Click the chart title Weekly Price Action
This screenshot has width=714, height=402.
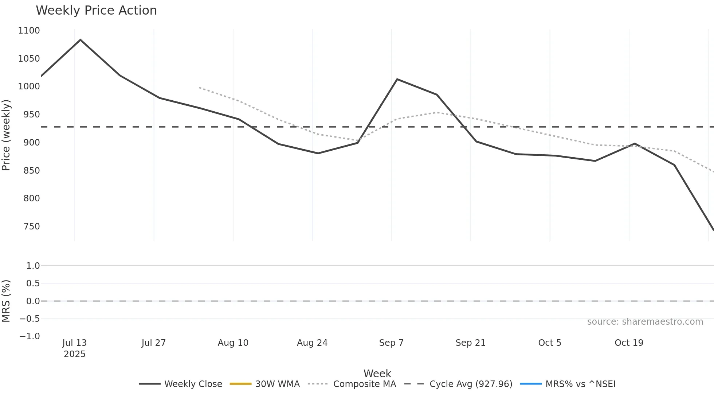(96, 11)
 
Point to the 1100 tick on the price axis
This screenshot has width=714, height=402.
(29, 31)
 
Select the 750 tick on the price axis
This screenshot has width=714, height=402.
(31, 227)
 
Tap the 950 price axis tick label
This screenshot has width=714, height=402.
(31, 115)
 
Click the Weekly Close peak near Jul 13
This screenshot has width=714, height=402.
(81, 40)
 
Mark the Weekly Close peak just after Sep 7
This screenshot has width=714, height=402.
(397, 79)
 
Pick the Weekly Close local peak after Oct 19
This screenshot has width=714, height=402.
(635, 144)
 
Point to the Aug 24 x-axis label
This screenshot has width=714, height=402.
(312, 343)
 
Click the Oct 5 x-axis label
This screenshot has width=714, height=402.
(550, 343)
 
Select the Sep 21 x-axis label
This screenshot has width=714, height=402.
(470, 343)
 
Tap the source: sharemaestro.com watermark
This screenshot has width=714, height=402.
(645, 322)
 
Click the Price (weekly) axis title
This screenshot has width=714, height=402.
(6, 135)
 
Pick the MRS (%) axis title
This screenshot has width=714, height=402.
(6, 301)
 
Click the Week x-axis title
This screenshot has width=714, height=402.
(377, 374)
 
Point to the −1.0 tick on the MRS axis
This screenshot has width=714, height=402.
(30, 336)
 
